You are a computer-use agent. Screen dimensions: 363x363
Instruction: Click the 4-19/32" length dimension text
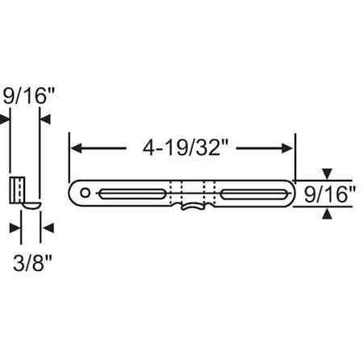pos(182,148)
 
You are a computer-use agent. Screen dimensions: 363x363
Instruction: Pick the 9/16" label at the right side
pos(332,194)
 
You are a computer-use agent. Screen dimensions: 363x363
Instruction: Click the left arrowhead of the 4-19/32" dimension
pos(77,148)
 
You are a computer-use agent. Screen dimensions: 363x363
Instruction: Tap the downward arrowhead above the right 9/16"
pos(326,173)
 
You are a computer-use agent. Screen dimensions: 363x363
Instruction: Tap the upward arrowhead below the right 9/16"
pos(326,213)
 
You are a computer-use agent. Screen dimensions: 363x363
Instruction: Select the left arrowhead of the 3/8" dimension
pos(15,228)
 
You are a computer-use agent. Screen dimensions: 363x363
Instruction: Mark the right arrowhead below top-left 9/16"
pos(44,119)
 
